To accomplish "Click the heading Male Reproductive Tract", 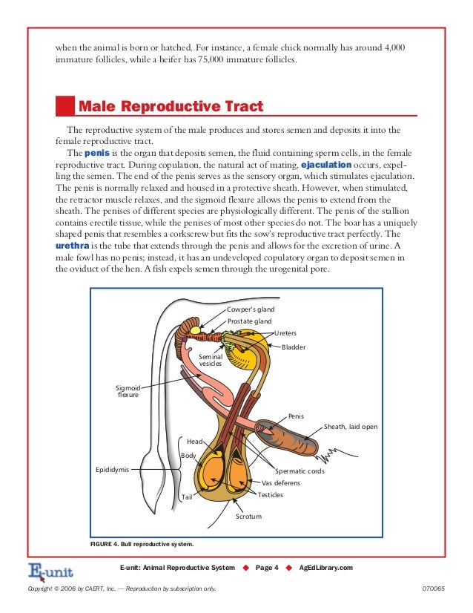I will (x=171, y=107).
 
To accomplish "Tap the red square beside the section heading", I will (x=66, y=106).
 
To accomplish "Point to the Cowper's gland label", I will (x=251, y=309).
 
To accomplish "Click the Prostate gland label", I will (x=249, y=321).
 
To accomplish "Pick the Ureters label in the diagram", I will (x=286, y=333).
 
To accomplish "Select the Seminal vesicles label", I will (x=211, y=360).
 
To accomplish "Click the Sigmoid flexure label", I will (x=128, y=390).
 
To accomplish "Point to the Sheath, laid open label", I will (x=351, y=427).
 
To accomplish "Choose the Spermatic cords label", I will (x=300, y=471).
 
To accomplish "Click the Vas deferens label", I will (x=281, y=483).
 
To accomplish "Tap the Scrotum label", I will (x=248, y=515).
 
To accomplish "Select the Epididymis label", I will (x=113, y=470).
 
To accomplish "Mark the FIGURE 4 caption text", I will (x=142, y=544).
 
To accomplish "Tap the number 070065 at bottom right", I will (x=431, y=589).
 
